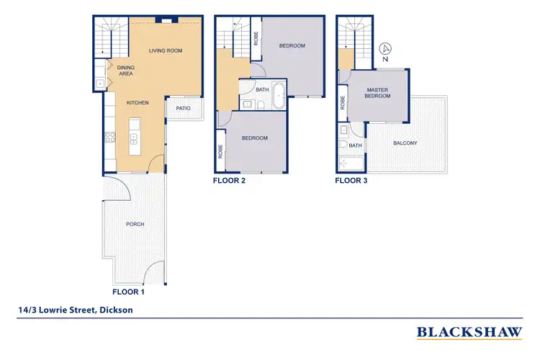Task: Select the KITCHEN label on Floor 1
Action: coord(138,103)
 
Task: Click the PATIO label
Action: coord(183,109)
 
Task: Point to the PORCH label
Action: coord(135,224)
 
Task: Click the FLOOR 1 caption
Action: coord(130,293)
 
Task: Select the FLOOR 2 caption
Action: coord(230,181)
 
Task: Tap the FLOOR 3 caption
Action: coord(351,181)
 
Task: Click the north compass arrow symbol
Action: coord(386,49)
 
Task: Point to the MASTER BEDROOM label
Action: coord(377,93)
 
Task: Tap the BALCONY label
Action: coord(405,143)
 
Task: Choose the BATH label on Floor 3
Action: coord(356,145)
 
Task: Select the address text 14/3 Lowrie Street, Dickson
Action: coord(76,310)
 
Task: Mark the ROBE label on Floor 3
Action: coord(343,102)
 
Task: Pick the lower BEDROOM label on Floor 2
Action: coord(254,138)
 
